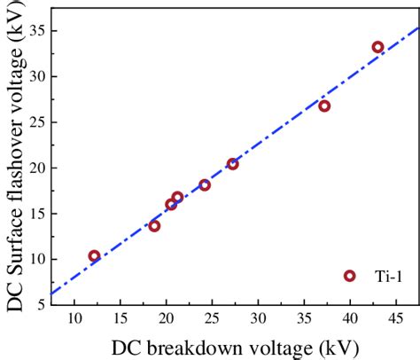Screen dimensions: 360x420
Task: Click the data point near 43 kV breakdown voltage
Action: coord(377,47)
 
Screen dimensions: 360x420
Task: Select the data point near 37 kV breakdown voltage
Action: coord(324,106)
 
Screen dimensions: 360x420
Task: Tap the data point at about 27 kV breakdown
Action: coord(232,164)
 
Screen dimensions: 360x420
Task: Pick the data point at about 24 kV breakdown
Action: coord(205,184)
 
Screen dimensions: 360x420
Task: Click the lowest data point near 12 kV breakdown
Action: coord(94,256)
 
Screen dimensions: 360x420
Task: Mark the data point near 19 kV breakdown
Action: coord(154,226)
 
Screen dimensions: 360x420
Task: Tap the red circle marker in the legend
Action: coord(349,276)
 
